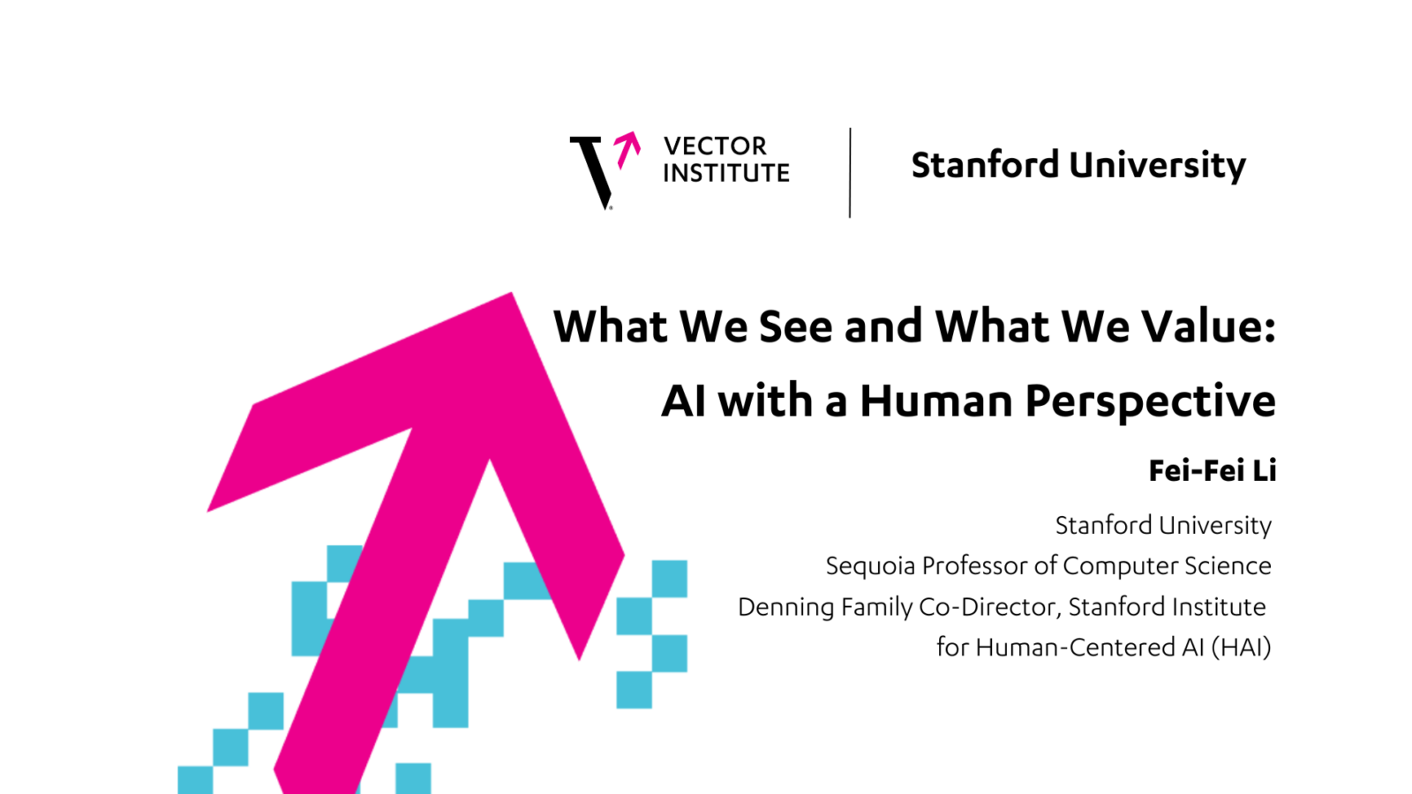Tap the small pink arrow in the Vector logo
[x=627, y=150]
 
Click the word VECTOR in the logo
[x=715, y=146]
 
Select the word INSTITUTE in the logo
[x=726, y=173]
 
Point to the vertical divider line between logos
[x=850, y=173]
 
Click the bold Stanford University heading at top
[x=1078, y=166]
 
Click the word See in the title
[x=795, y=326]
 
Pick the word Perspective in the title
[x=1151, y=403]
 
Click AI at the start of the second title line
[x=683, y=401]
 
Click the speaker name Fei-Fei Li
[x=1213, y=471]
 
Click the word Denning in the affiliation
[x=786, y=608]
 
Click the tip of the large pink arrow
[x=511, y=293]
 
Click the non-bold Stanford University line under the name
[x=1164, y=526]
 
